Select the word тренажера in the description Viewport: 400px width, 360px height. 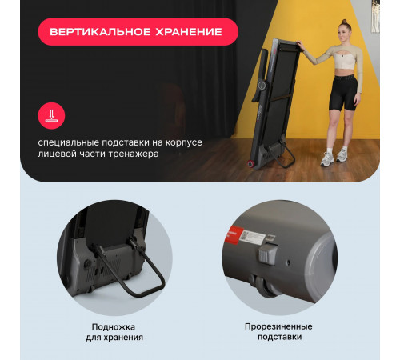pos(134,154)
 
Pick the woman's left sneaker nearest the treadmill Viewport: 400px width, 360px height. pos(326,159)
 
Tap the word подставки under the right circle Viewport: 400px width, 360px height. pos(278,338)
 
